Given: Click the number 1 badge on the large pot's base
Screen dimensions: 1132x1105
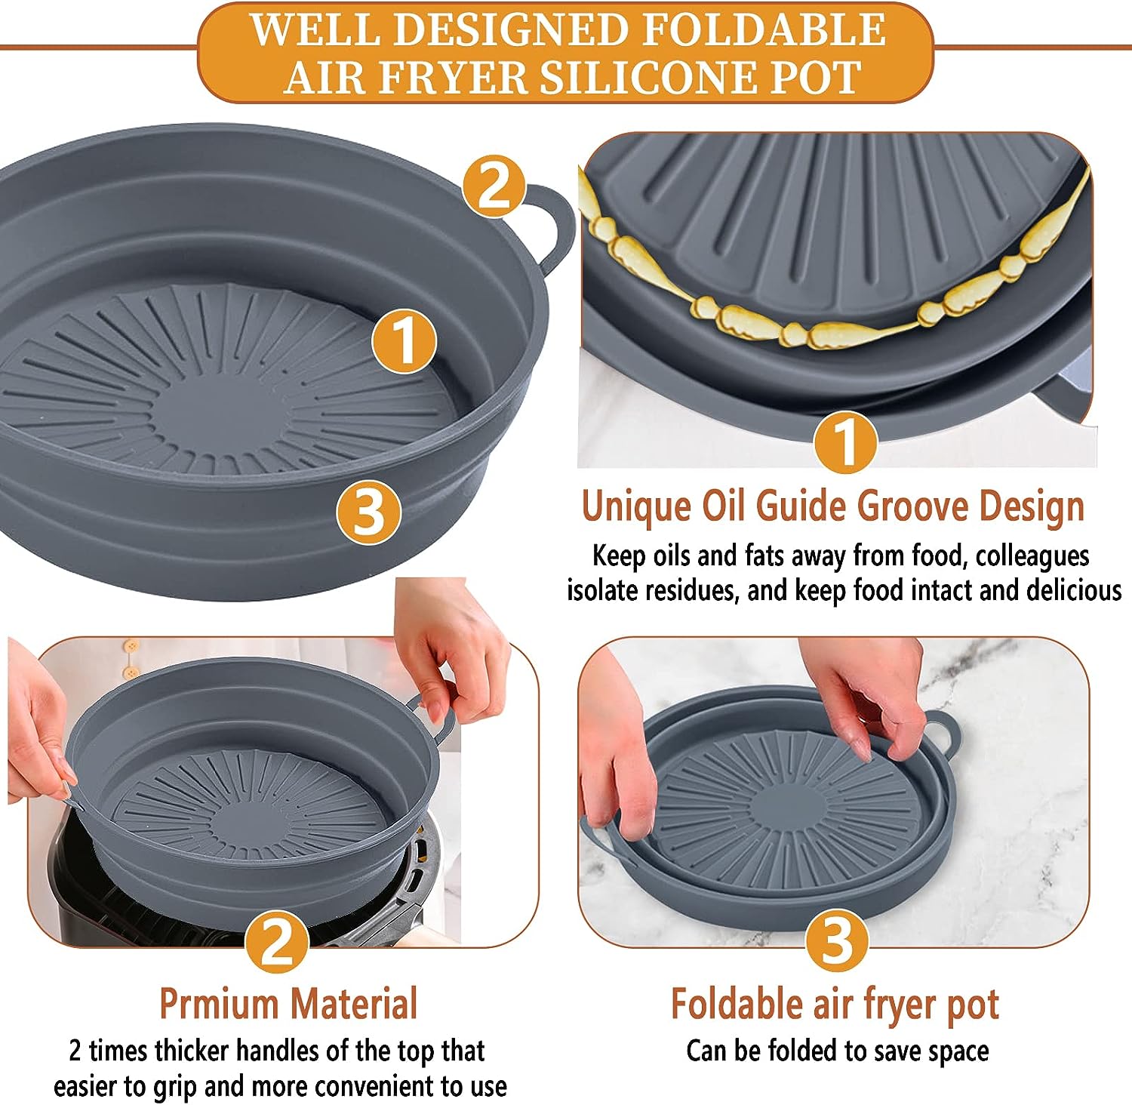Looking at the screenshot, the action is [x=405, y=340].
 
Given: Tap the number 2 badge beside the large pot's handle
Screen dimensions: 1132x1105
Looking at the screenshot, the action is [x=494, y=186].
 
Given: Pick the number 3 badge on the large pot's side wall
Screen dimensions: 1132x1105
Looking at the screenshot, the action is [x=369, y=511].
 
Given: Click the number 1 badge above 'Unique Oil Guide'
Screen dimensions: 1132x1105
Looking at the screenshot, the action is [x=845, y=442].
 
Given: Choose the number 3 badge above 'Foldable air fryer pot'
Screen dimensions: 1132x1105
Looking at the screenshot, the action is [x=836, y=940].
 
